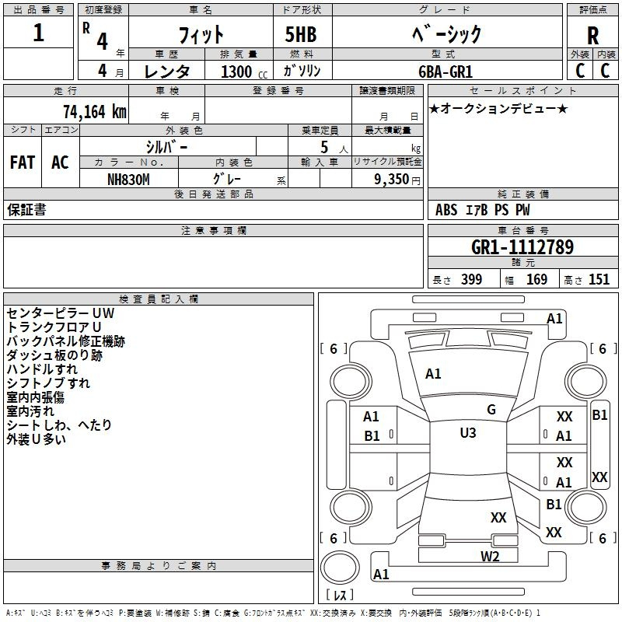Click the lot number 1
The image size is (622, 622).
point(39,34)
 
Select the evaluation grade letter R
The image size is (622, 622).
point(592,37)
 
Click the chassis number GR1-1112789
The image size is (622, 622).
point(522,247)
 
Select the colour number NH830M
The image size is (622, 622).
point(128,177)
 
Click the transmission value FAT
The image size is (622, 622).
point(23,162)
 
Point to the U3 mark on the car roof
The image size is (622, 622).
point(467,433)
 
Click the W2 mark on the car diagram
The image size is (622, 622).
point(489,556)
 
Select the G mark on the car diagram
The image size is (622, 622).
point(491,410)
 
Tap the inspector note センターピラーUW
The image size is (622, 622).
point(60,313)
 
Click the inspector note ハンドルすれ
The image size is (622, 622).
point(42,369)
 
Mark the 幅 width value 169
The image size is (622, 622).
point(536,280)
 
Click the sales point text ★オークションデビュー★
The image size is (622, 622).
point(498,108)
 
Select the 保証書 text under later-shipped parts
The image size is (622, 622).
point(26,210)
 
